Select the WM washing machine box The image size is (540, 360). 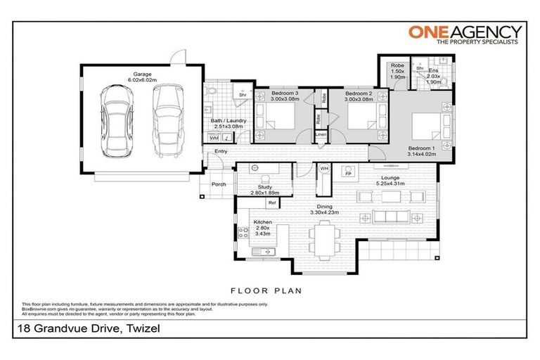[214, 138]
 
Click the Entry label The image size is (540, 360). [221, 151]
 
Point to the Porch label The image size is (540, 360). [219, 185]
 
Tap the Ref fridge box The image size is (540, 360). [271, 203]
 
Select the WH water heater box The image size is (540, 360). [324, 169]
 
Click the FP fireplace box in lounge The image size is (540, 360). [347, 171]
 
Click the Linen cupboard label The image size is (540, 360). [321, 134]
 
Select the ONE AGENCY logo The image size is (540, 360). [465, 34]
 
